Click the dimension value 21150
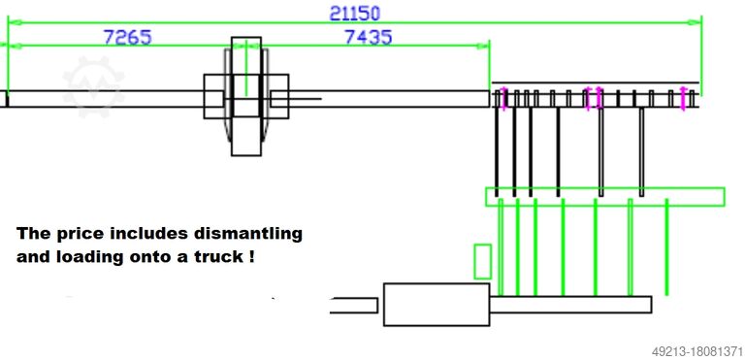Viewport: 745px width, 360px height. coord(355,13)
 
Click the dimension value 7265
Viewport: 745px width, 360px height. coord(127,37)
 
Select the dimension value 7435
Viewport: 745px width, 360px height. coord(369,37)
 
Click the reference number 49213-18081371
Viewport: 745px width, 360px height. coord(696,351)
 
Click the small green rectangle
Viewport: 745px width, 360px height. coord(482,262)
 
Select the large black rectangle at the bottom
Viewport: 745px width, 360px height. coord(437,305)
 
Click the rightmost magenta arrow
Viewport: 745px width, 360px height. coord(683,98)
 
